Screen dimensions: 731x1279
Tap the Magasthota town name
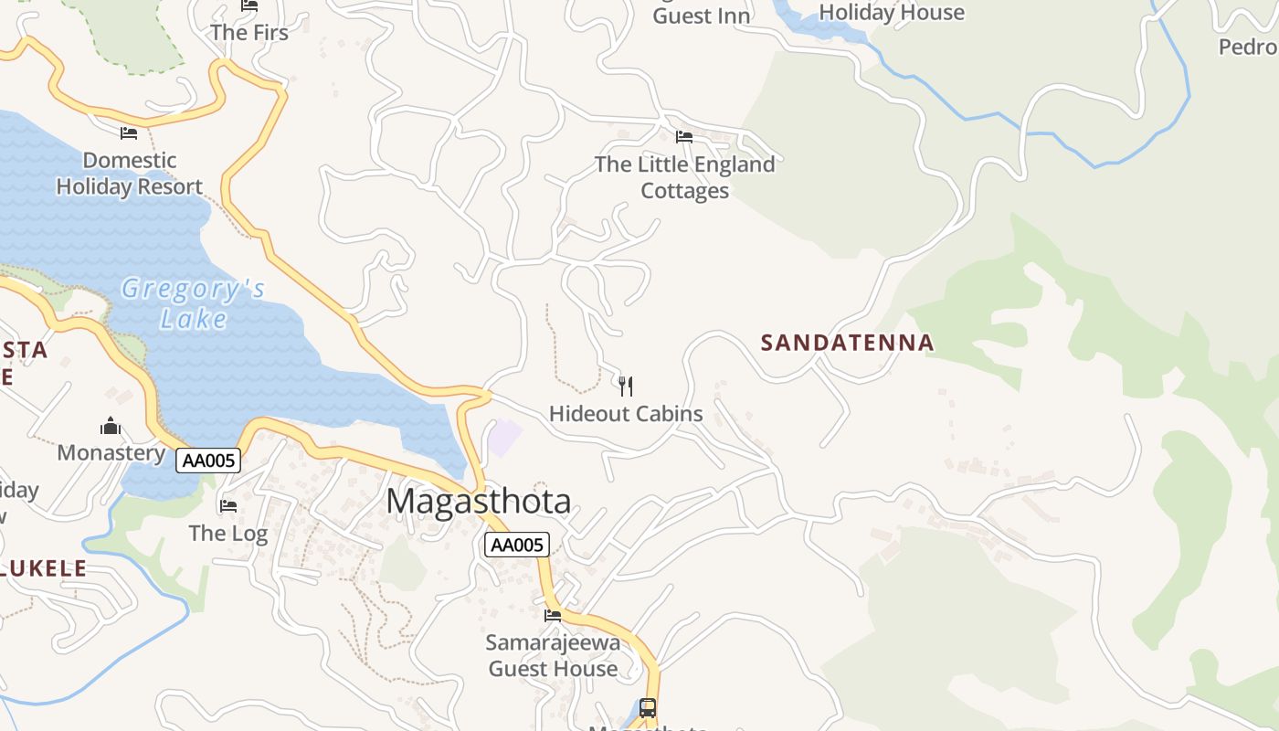click(479, 502)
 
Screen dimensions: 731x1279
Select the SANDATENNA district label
click(847, 343)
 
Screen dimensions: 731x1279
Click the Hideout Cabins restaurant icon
click(626, 386)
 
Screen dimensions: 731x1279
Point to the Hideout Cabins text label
click(626, 414)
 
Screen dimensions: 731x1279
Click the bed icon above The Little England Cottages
click(683, 137)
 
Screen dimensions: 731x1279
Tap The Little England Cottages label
click(684, 177)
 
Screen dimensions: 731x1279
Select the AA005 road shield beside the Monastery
click(208, 461)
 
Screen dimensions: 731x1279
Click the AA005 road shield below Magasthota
click(517, 546)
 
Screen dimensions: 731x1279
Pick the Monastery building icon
click(111, 426)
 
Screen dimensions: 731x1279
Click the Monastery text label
click(111, 453)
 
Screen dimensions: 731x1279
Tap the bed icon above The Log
click(227, 505)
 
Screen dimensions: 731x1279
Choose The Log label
click(227, 533)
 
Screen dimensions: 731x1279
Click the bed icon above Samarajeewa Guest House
click(553, 615)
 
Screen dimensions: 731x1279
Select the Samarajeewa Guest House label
click(553, 655)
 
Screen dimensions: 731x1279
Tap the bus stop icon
click(647, 707)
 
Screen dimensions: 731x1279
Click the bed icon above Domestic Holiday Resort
click(129, 133)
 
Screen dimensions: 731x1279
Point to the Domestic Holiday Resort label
click(129, 174)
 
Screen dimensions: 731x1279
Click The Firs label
click(248, 33)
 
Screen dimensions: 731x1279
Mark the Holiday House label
click(891, 12)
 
